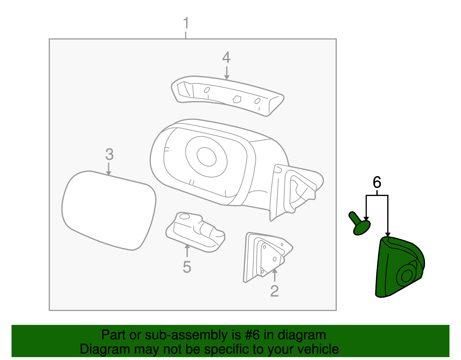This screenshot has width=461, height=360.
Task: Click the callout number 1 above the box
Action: coord(186,23)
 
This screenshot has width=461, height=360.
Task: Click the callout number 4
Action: coord(226,58)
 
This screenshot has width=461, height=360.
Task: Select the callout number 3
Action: coord(109,154)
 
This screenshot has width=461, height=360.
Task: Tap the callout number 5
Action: coord(187,267)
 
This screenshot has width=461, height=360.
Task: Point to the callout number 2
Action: coord(274,291)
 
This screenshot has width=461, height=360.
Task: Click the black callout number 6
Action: coord(377,182)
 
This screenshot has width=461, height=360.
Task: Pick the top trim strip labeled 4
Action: coord(228,95)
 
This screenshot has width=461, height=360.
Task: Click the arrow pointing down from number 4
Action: coord(227,73)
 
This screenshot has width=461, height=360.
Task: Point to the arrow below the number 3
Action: coord(109,169)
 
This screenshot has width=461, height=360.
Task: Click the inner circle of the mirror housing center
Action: coord(207,157)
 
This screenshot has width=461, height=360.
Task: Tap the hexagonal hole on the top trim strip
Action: coord(237,99)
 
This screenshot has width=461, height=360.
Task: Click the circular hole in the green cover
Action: coord(406,276)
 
